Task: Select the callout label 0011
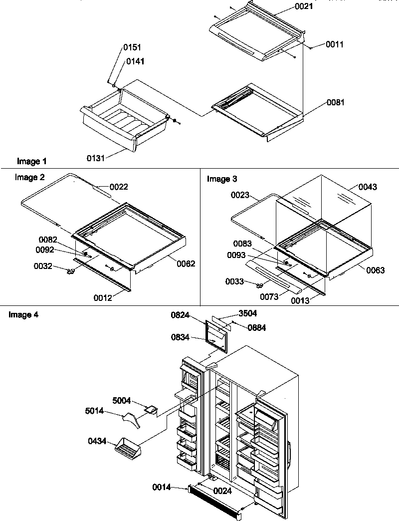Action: tap(335, 44)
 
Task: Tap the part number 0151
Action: tap(132, 47)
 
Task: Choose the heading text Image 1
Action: tap(31, 161)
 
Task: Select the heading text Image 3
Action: tap(222, 178)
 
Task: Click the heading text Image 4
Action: tap(23, 314)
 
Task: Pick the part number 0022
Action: tap(119, 187)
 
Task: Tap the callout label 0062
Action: tap(186, 263)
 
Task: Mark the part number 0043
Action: tap(367, 187)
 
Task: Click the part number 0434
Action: tap(97, 441)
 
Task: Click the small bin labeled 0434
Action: tap(129, 447)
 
